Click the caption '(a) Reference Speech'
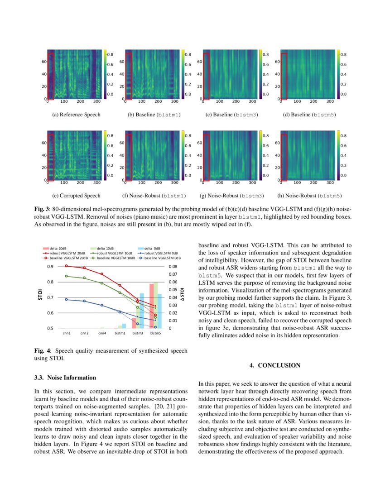point(76,115)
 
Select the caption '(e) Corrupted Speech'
point(76,196)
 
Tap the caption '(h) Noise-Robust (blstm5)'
point(309,196)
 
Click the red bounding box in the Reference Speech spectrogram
point(51,76)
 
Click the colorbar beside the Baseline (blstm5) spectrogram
point(338,73)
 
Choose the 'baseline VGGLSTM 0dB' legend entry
point(162,258)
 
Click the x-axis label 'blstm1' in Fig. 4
point(120,333)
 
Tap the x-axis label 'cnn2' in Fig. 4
point(84,333)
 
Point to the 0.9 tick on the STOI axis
point(51,267)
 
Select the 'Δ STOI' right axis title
point(182,297)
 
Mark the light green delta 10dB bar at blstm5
point(156,305)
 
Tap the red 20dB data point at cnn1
point(67,266)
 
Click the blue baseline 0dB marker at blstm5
point(155,327)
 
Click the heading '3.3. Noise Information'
point(65,378)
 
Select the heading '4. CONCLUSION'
point(275,365)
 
